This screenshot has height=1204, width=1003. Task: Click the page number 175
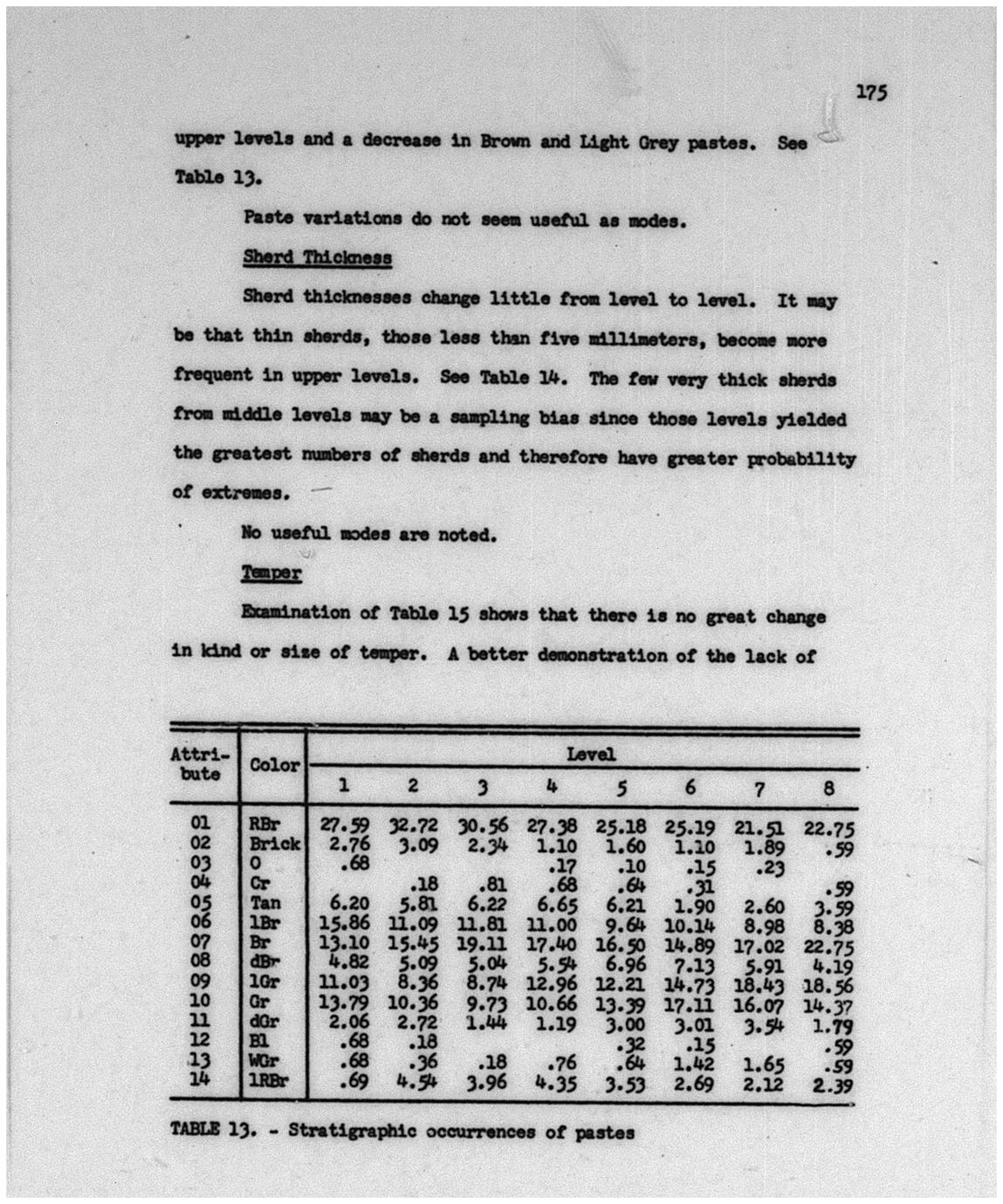point(870,92)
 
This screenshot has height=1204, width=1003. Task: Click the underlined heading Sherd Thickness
point(317,258)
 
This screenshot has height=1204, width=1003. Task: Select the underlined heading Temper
point(271,573)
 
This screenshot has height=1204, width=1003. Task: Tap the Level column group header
point(590,755)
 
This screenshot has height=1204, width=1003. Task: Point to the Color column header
point(274,765)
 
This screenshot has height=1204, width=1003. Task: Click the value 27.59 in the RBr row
point(344,824)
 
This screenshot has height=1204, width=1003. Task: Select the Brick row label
point(274,844)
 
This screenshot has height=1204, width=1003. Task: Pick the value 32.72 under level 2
point(414,824)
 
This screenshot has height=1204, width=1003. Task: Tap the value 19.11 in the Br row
point(482,943)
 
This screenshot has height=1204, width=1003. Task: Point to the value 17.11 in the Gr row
point(690,1004)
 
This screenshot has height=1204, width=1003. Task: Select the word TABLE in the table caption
point(196,1129)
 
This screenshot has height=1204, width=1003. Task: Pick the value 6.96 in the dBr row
point(622,964)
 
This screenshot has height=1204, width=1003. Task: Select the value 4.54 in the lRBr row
point(415,1084)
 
